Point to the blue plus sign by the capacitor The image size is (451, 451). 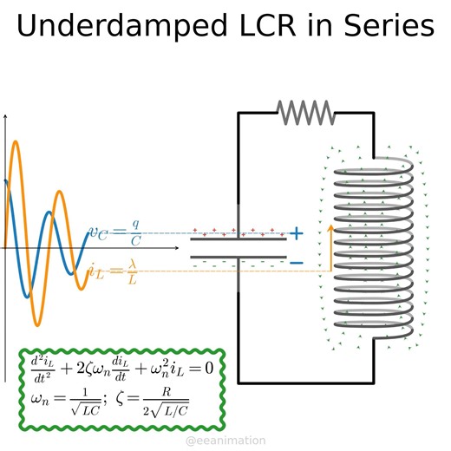pos(297,233)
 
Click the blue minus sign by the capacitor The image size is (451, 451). pos(297,262)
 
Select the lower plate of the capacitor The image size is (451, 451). pos(239,257)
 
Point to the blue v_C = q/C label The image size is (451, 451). pos(115,233)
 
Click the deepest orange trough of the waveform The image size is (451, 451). pos(36,324)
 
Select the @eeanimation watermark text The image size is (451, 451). pos(225,441)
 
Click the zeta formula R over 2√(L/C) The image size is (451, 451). pos(165,403)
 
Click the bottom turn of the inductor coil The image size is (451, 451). pos(373,333)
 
